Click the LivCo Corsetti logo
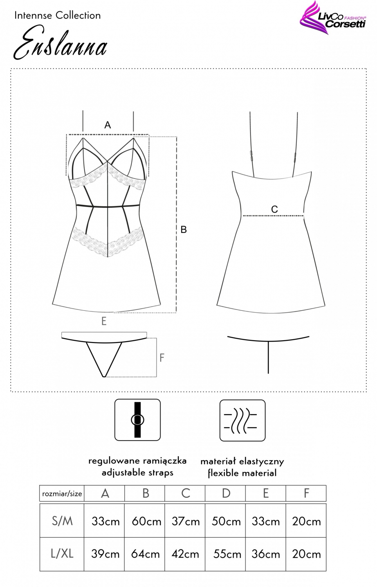tap(332, 18)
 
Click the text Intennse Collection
tap(58, 16)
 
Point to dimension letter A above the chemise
tap(108, 125)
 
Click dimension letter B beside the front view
tap(184, 230)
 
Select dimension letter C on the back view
tap(274, 209)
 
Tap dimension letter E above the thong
tap(104, 321)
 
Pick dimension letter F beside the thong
tap(162, 357)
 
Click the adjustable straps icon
tap(137, 420)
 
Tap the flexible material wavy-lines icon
tap(242, 420)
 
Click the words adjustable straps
tap(137, 472)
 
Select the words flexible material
tap(242, 473)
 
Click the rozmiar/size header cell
tap(62, 494)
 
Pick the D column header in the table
tap(226, 494)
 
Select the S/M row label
tap(62, 521)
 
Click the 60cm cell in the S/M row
tap(146, 522)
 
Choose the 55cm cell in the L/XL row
tap(227, 554)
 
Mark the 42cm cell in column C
tap(185, 554)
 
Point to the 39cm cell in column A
tap(105, 554)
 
